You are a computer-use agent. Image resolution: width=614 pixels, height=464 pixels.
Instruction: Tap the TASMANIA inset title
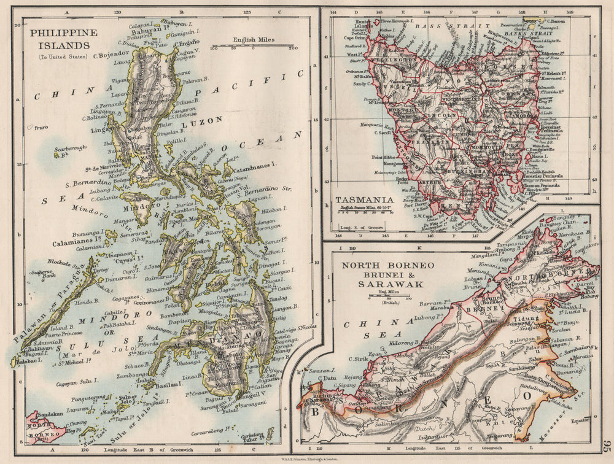(x=365, y=200)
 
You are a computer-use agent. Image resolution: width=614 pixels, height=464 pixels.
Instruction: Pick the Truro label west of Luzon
(x=40, y=128)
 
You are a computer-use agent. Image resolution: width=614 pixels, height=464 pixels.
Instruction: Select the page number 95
(x=606, y=447)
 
